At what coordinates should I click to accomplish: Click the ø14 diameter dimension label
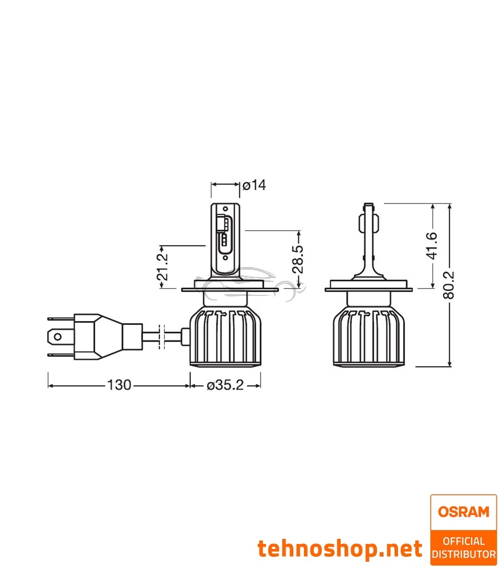(254, 185)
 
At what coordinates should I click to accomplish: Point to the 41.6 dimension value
(433, 246)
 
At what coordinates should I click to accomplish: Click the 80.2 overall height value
(450, 285)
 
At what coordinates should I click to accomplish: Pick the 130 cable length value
(119, 385)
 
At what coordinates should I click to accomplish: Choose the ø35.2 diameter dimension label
(225, 385)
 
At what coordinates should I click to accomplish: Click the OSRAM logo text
(463, 512)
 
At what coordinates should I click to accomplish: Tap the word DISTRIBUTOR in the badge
(464, 554)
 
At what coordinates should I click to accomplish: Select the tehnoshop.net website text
(340, 549)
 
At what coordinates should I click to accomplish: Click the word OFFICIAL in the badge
(464, 541)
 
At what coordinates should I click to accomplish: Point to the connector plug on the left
(100, 337)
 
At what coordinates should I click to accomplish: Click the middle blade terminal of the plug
(56, 337)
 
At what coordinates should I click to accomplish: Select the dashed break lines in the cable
(161, 337)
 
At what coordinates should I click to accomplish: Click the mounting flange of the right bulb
(369, 289)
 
